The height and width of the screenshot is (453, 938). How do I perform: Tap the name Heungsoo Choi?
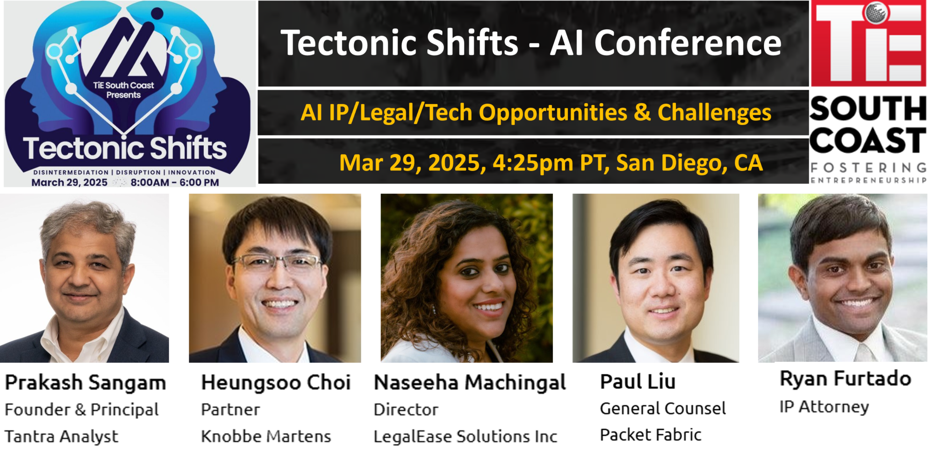[276, 383]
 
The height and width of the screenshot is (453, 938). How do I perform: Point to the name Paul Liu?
[638, 382]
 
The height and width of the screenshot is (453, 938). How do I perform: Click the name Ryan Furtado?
[845, 379]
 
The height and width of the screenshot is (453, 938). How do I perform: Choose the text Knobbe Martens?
[266, 437]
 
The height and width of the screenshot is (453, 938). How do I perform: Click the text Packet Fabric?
[650, 435]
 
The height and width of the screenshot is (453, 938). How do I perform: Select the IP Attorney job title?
[824, 407]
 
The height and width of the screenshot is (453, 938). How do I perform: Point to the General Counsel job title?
[663, 409]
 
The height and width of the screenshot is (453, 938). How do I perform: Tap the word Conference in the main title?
[688, 43]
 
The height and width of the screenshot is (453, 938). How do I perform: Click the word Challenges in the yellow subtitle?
[714, 113]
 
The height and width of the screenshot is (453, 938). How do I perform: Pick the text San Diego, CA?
[689, 163]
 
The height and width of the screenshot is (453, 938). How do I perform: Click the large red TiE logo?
[869, 43]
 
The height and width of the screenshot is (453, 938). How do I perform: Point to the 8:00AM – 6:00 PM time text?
[175, 182]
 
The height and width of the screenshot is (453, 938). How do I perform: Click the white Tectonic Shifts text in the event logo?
[125, 148]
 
